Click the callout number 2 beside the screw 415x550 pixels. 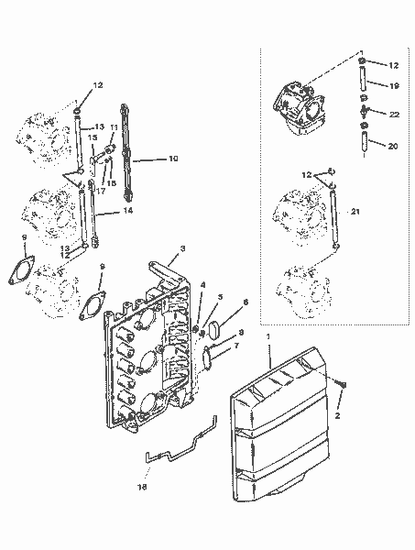[x=340, y=415]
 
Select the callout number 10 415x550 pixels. [x=172, y=159]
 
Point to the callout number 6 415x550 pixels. [x=245, y=301]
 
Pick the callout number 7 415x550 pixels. [x=239, y=346]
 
